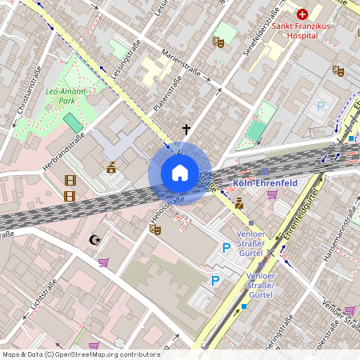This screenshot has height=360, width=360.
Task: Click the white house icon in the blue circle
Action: coord(179,173)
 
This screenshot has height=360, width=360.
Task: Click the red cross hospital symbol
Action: coord(302,14)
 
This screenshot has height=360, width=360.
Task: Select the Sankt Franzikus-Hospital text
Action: coord(304,30)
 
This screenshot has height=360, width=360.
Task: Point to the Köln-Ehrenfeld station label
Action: coord(265,182)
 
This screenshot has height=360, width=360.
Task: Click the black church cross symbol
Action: coord(186,129)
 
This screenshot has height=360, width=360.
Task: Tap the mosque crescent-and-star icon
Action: coord(95,238)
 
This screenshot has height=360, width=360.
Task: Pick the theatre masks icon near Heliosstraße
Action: coord(154,229)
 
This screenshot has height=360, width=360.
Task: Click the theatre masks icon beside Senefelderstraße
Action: coord(218,42)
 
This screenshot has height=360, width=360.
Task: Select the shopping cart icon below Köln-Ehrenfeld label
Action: coord(272,194)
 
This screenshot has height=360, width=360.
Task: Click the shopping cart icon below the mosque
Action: coord(103,262)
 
